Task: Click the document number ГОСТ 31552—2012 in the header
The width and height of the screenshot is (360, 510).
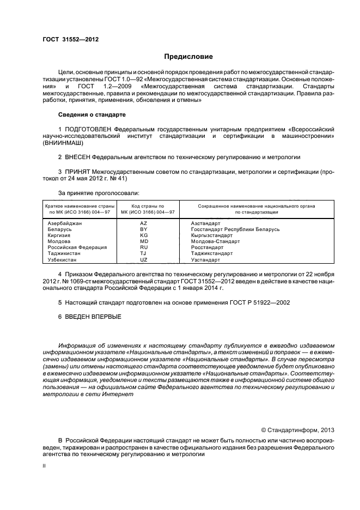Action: tap(71, 39)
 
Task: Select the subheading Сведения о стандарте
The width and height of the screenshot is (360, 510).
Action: tap(91, 115)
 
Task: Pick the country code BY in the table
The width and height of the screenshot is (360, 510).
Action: tap(144, 229)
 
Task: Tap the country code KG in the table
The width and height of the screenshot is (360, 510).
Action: tap(144, 235)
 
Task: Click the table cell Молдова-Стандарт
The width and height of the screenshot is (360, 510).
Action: tap(212, 241)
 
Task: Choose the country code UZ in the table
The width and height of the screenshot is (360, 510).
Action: tap(144, 259)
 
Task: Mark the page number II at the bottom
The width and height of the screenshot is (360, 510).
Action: tap(45, 466)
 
